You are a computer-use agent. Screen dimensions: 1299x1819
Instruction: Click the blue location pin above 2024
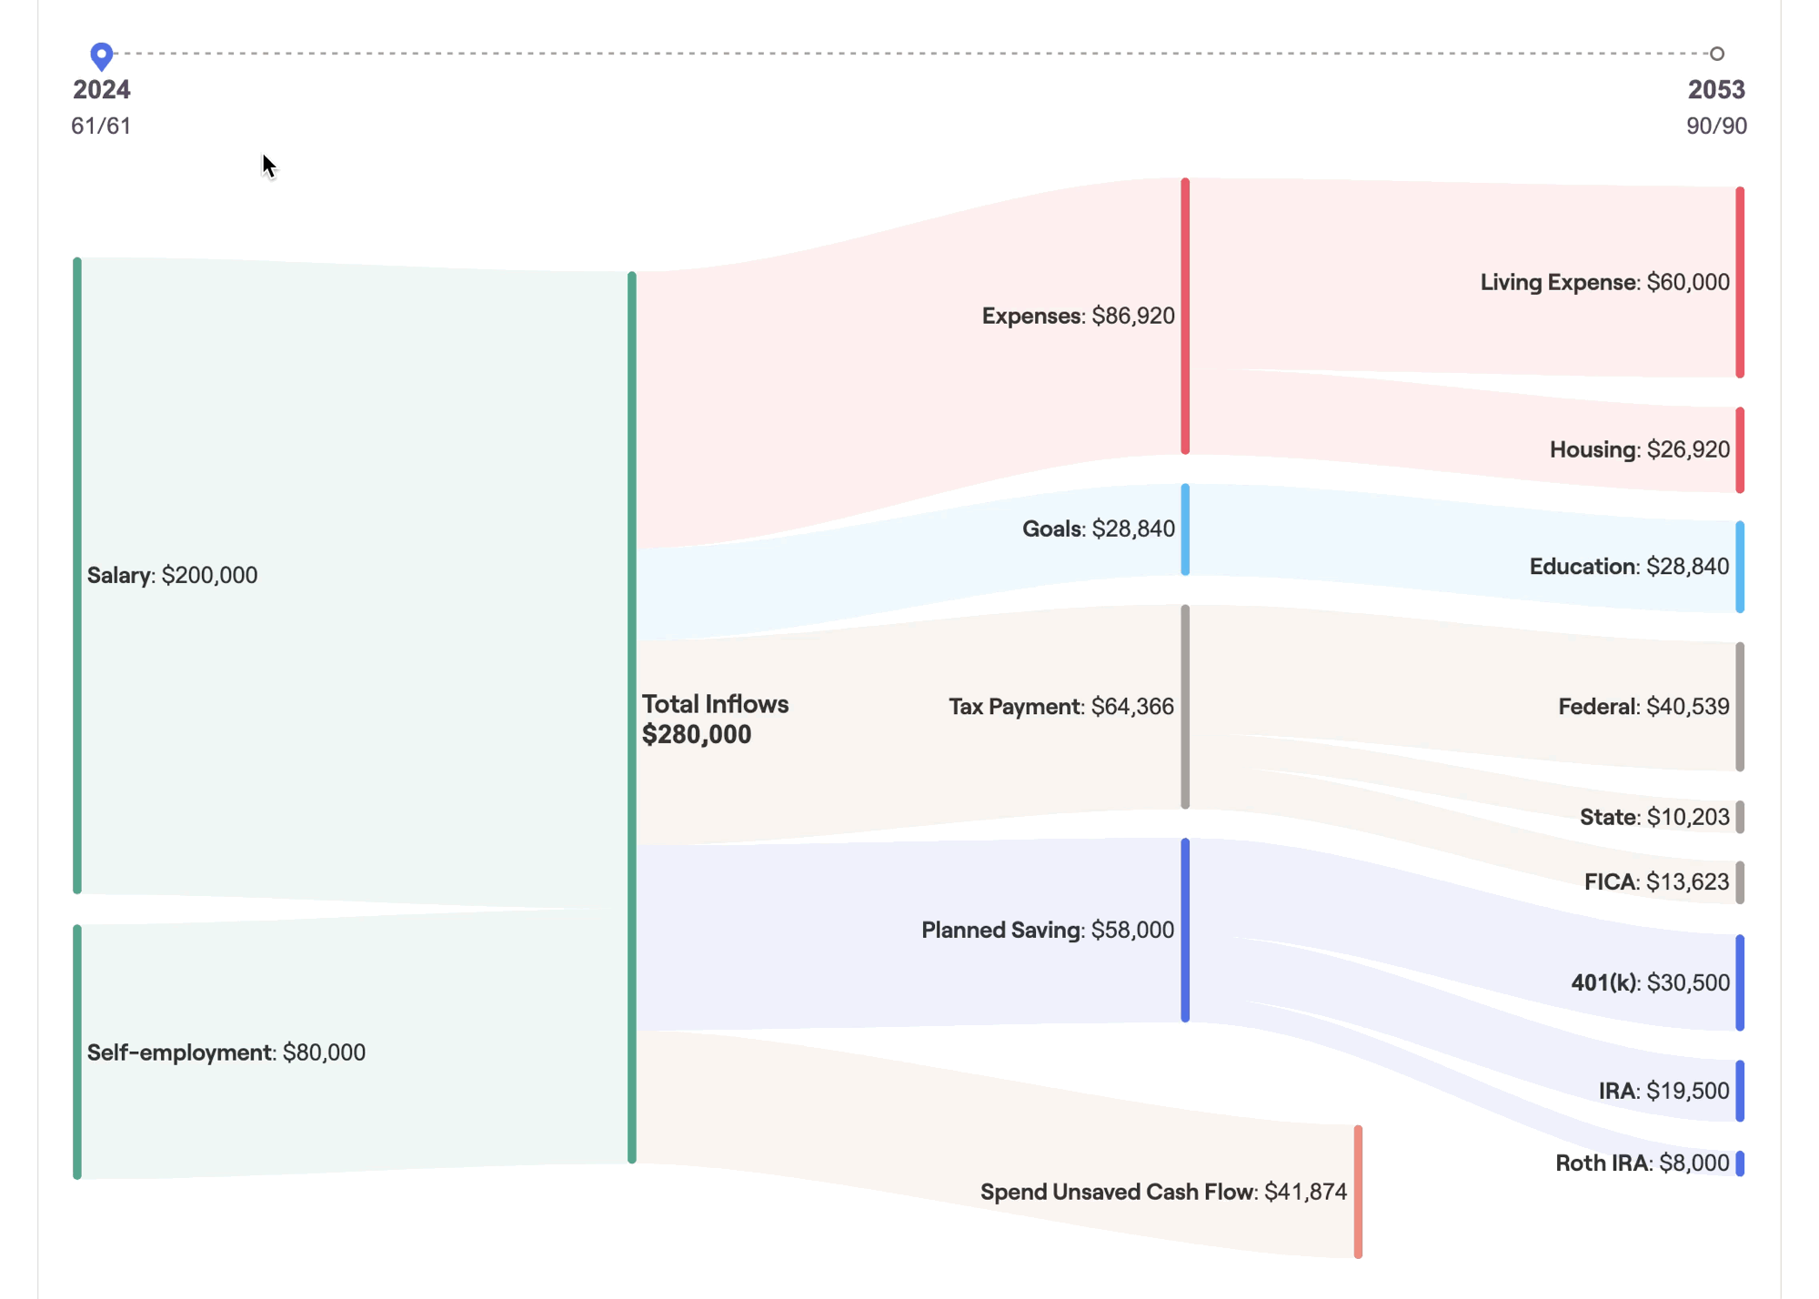[x=102, y=55]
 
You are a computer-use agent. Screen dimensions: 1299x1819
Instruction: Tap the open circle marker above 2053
[x=1716, y=54]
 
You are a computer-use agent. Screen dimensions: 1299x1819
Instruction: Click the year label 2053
[x=1715, y=90]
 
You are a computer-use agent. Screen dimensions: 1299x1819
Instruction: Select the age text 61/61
[x=101, y=126]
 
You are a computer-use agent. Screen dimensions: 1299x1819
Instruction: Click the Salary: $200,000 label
[x=172, y=575]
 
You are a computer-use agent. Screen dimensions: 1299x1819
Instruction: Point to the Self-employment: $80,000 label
[x=226, y=1052]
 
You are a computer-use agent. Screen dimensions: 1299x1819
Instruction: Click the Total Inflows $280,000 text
[x=715, y=719]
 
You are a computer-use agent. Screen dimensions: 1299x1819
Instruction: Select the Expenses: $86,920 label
[x=1078, y=316]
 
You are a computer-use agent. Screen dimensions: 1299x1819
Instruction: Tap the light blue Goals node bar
[x=1185, y=529]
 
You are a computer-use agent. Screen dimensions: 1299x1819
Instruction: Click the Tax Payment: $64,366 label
[x=1060, y=707]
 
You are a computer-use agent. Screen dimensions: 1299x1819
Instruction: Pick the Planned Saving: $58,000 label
[x=1047, y=930]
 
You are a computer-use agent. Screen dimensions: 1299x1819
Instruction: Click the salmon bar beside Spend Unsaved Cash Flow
[x=1358, y=1192]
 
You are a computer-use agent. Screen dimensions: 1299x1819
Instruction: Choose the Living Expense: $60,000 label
[x=1604, y=282]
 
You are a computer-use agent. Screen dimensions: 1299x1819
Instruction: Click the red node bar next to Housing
[x=1739, y=450]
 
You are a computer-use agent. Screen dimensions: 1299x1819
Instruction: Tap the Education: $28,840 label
[x=1628, y=567]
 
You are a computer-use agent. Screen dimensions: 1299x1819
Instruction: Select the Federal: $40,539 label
[x=1643, y=707]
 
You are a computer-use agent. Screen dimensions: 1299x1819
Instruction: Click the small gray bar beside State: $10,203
[x=1739, y=817]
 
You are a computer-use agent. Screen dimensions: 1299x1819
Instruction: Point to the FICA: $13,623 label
[x=1655, y=881]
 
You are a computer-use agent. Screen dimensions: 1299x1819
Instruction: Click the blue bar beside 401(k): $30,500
[x=1739, y=982]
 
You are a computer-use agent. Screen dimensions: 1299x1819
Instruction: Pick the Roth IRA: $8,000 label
[x=1642, y=1163]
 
